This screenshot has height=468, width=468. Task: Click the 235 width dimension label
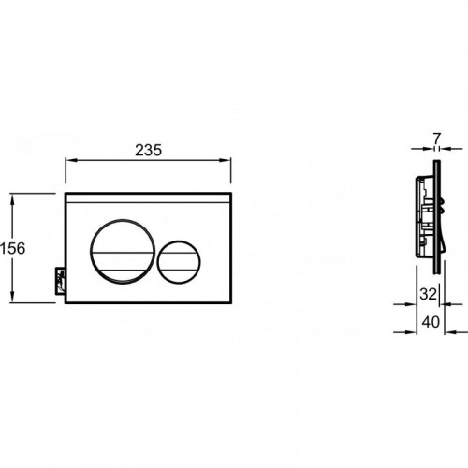coord(149,150)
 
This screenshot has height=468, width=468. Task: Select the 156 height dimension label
coord(12,248)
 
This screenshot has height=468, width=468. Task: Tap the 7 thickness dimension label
coord(437,139)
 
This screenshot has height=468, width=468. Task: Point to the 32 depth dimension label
coord(428,294)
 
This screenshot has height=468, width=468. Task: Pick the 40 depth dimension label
coord(431,322)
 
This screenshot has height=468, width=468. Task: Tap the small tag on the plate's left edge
coord(60,281)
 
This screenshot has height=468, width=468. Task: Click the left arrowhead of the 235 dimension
coord(70,160)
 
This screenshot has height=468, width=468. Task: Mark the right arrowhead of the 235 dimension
coord(226,160)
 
